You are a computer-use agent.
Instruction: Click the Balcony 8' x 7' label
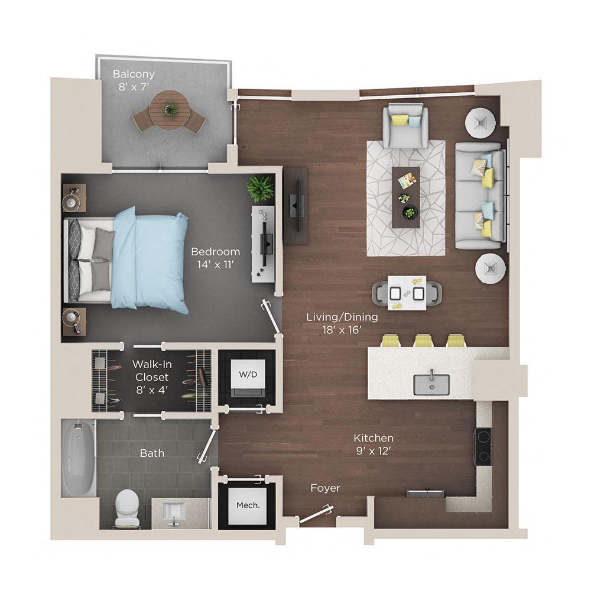point(134,80)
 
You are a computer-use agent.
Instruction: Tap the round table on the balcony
point(169,109)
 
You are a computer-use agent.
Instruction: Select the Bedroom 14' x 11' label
point(216,257)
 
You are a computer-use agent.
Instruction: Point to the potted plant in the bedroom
point(260,189)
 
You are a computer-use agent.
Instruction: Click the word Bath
point(152,453)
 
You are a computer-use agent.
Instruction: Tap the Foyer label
point(326,488)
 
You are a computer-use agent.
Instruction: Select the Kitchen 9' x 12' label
point(374,445)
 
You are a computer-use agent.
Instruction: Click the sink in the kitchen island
point(431,384)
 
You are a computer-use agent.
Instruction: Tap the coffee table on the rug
point(406,196)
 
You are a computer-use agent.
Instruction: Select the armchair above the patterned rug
point(405,125)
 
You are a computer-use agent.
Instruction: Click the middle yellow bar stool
point(424,341)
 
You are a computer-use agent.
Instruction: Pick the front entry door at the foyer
point(317,514)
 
